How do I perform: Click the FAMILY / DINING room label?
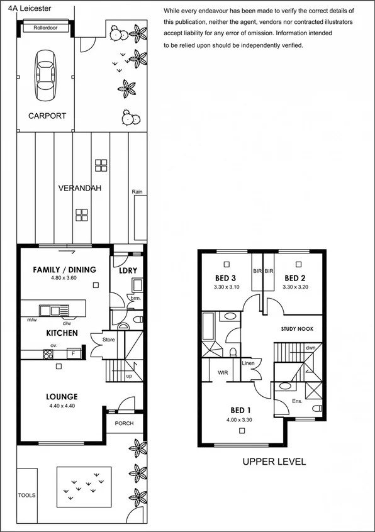(64, 270)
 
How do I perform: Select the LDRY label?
(128, 271)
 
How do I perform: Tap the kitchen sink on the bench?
(50, 310)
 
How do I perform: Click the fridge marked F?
(74, 353)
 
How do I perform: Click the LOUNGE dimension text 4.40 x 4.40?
(61, 406)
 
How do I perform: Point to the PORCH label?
(124, 423)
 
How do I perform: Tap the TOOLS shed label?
(26, 495)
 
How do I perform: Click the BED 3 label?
(225, 278)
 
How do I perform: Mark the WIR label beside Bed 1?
(222, 372)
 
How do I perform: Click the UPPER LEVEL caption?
(274, 462)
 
